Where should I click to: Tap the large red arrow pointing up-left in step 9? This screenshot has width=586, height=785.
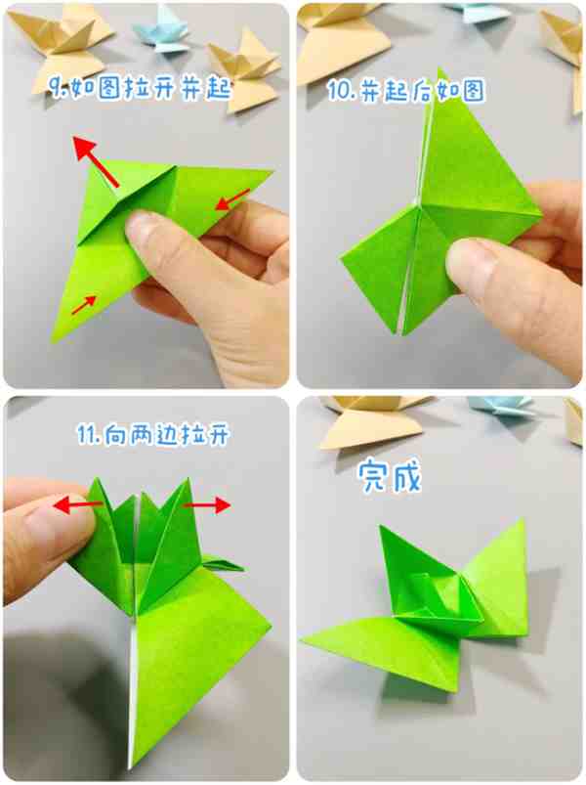pos(96,160)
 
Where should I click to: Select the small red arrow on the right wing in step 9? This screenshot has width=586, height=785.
pos(232,199)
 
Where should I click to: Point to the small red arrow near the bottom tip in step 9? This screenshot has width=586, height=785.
pos(83,305)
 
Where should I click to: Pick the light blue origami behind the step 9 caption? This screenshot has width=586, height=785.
pos(161,31)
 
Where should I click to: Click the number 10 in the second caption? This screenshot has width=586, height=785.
pos(339,91)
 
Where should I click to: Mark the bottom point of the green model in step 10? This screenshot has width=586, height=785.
pos(400,333)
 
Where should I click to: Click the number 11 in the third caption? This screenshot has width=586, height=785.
pos(87,435)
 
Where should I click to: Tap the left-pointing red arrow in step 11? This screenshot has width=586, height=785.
pos(78,504)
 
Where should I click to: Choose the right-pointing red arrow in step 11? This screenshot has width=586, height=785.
pos(207,505)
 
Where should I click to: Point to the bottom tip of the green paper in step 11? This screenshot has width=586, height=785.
pos(130,768)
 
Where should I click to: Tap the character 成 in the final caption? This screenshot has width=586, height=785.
pos(406,476)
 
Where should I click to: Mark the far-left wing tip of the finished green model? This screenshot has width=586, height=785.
pos(300,640)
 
